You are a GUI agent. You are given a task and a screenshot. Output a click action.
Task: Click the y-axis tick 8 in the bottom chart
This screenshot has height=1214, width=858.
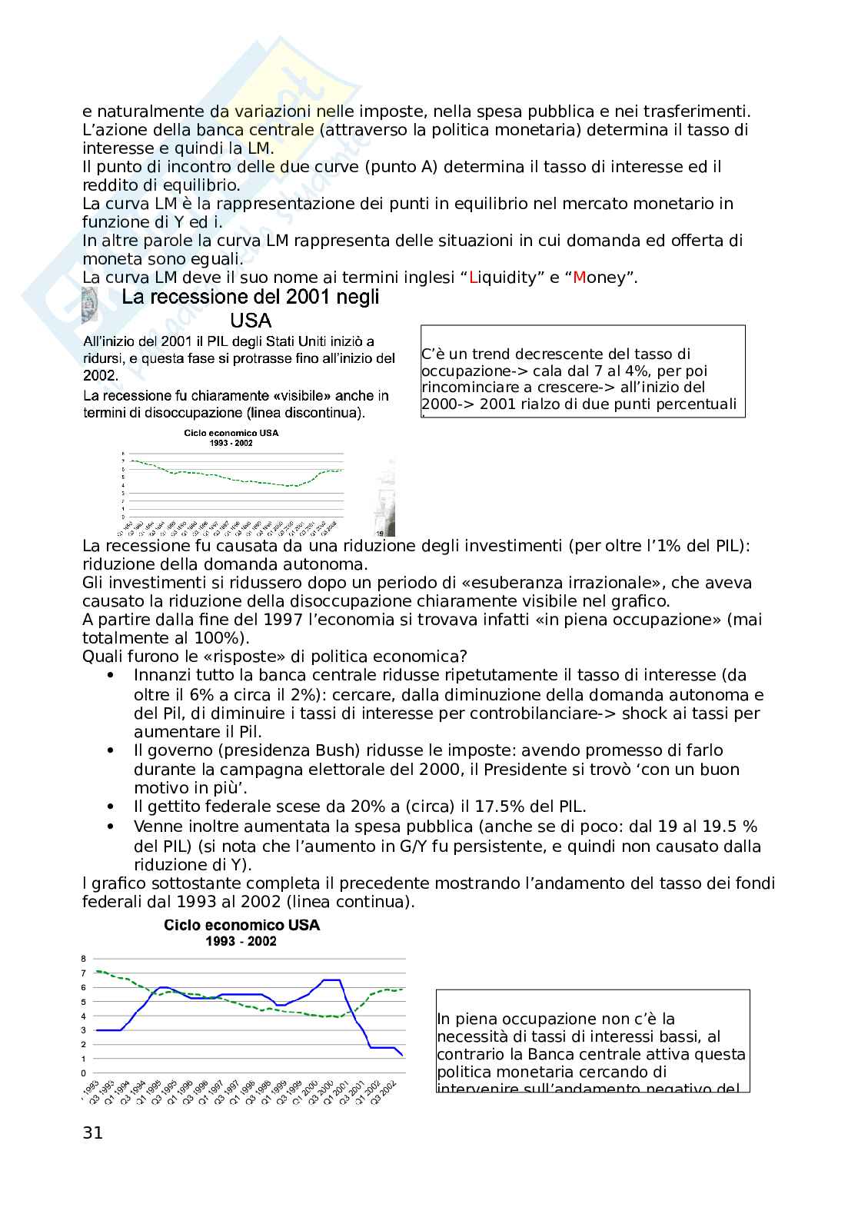(83, 959)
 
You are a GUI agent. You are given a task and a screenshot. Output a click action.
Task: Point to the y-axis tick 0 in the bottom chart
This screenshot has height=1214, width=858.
(83, 1073)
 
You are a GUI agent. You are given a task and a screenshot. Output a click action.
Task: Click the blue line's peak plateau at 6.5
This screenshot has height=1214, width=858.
(331, 980)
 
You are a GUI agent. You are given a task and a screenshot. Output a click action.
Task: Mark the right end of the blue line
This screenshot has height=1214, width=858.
(402, 1055)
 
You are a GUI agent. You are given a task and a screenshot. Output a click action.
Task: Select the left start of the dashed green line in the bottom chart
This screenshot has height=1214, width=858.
(96, 970)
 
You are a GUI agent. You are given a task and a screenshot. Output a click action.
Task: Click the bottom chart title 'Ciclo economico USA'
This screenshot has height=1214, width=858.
(242, 925)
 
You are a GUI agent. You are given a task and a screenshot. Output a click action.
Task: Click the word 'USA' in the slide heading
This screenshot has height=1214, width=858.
(251, 321)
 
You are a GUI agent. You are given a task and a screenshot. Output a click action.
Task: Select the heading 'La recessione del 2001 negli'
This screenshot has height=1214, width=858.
(251, 297)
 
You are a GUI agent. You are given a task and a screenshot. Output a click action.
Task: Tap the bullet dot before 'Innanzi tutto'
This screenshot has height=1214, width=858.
(113, 675)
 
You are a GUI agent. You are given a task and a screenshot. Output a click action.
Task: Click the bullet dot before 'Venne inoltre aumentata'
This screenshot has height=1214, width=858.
(113, 827)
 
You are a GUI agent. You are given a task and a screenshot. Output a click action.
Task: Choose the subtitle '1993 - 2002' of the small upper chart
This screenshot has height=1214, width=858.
(231, 444)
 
